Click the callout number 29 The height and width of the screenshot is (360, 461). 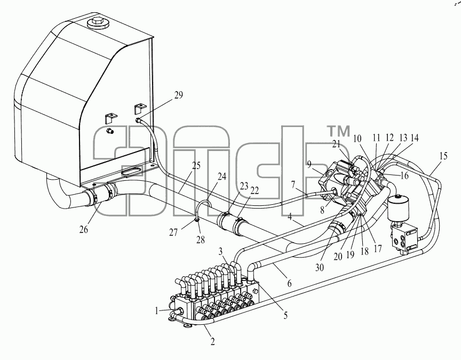[x=178, y=95]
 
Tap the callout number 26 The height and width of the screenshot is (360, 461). [x=83, y=229]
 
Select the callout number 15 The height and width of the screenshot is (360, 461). [x=443, y=156]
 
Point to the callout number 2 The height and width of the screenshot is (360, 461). [x=212, y=341]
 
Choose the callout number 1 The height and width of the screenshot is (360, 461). [x=157, y=310]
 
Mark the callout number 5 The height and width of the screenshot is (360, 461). [x=285, y=316]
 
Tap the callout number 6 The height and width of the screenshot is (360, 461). [x=289, y=283]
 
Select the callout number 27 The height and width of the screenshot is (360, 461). [x=173, y=233]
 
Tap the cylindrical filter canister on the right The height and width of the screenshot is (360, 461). [x=399, y=209]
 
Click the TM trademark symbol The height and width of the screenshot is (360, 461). [x=338, y=131]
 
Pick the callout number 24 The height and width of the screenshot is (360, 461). [x=222, y=177]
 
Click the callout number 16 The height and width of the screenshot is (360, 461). [x=404, y=175]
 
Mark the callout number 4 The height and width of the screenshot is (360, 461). [x=290, y=217]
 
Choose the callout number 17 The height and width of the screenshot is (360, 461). [x=378, y=249]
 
